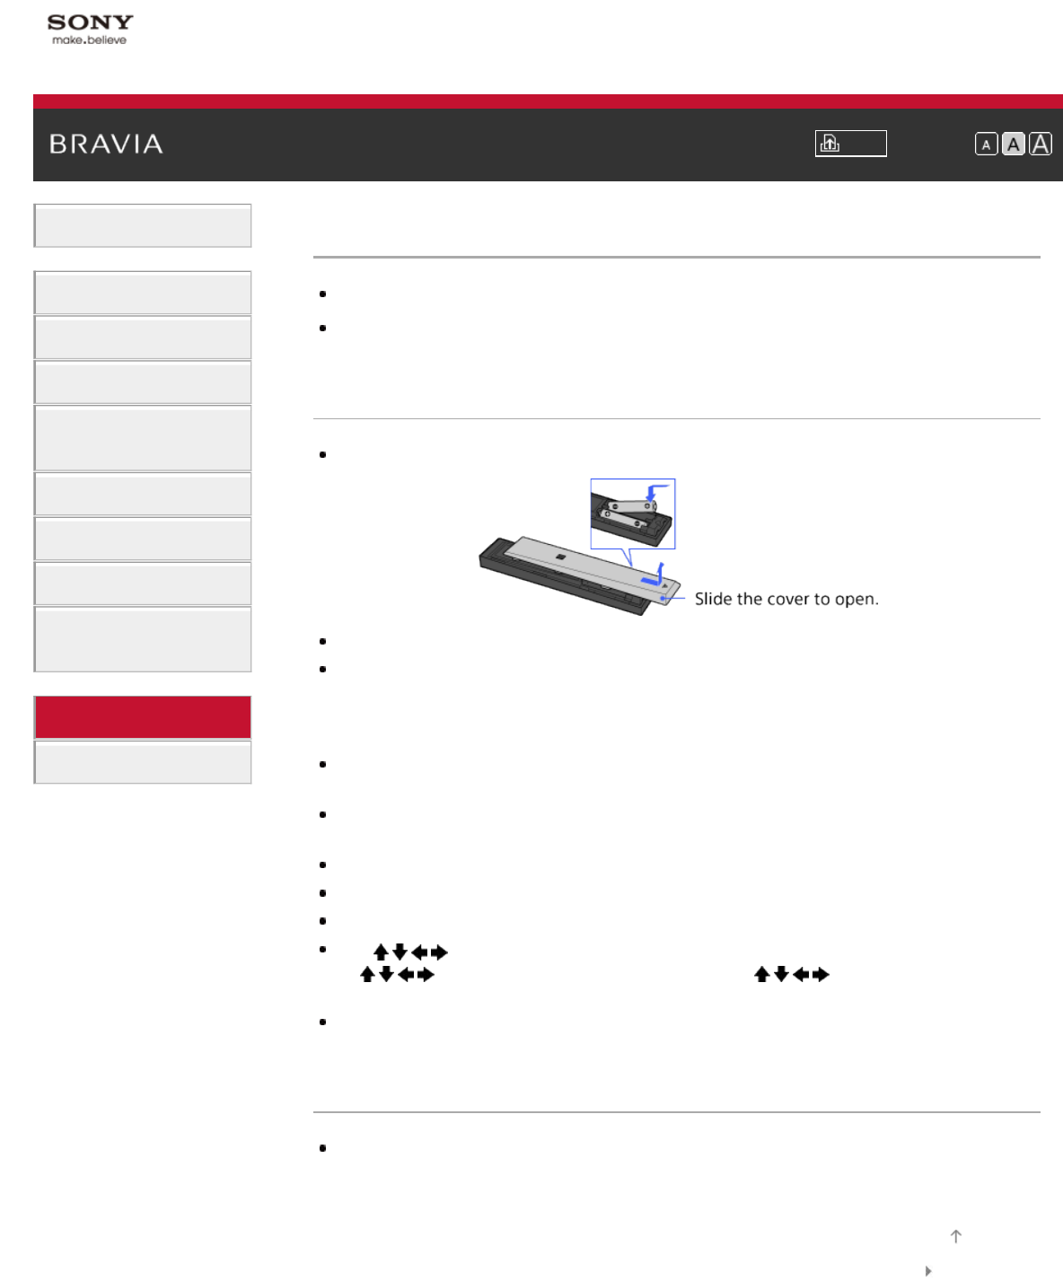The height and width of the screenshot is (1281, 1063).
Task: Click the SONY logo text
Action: coord(90,22)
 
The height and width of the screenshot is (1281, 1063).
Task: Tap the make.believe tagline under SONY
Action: coord(90,39)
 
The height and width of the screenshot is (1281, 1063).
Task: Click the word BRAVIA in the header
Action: coord(106,145)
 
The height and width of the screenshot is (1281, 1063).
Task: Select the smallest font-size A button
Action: coord(986,145)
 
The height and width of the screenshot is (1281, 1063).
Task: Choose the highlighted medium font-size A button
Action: coord(1014,145)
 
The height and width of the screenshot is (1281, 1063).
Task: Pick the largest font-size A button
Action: coord(1041,145)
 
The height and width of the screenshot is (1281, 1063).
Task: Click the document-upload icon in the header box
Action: coord(830,144)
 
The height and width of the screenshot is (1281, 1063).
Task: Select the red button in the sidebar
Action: coord(143,717)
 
